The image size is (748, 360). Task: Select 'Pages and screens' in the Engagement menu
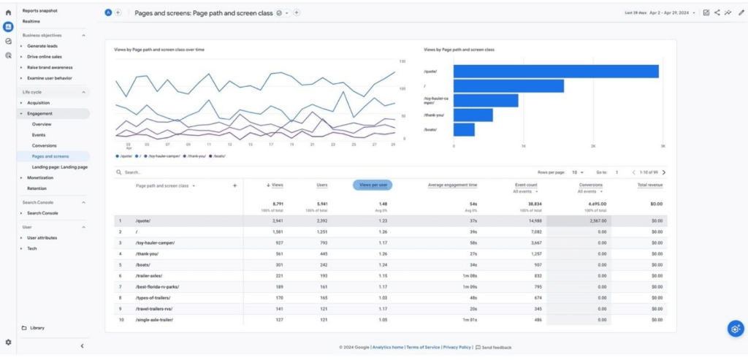point(50,156)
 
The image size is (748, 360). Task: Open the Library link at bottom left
point(37,328)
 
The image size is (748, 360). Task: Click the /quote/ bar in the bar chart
point(556,72)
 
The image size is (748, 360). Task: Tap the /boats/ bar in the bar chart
point(464,129)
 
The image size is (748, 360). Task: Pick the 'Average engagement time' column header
point(452,185)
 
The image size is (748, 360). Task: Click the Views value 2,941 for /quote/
point(277,221)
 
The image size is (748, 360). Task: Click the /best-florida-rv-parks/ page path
point(157,287)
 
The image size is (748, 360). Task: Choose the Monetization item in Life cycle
point(41,177)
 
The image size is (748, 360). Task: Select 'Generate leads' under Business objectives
point(42,46)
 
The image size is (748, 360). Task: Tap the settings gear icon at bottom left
point(8,342)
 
